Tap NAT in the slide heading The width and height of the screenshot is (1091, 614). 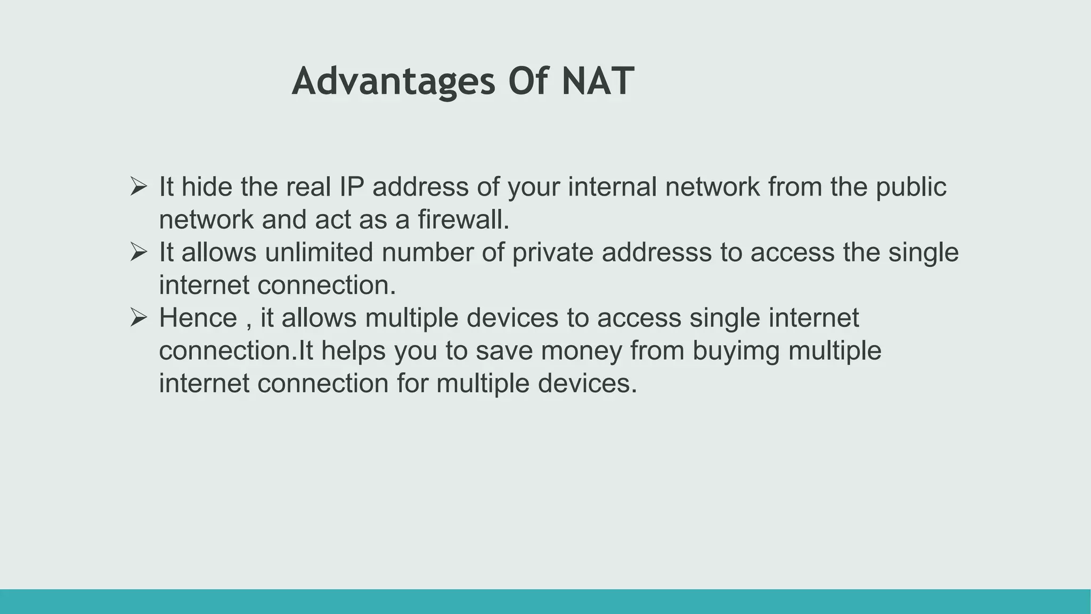tap(598, 82)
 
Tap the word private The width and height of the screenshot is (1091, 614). tap(552, 252)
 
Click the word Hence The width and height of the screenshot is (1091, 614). tap(198, 318)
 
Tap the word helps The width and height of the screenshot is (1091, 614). tap(353, 351)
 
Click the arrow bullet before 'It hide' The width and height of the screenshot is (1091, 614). tap(139, 186)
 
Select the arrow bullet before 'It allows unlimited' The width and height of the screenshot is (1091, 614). tap(139, 252)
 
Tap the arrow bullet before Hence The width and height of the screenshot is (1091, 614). tap(139, 318)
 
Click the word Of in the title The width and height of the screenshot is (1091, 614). tap(528, 82)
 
